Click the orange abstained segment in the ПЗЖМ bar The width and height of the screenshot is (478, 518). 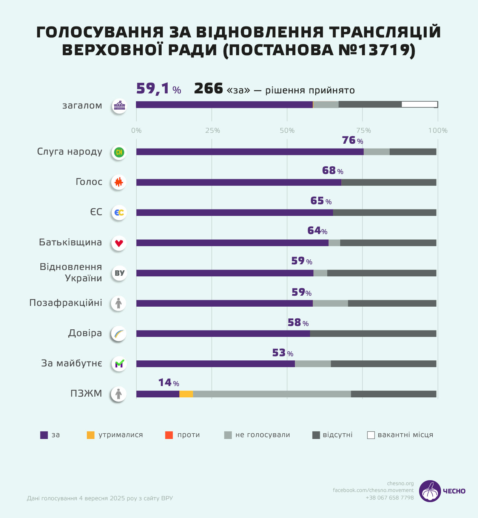point(186,394)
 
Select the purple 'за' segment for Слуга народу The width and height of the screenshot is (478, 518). point(250,152)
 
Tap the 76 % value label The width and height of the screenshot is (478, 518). point(352,141)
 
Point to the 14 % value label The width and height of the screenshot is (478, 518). point(168,383)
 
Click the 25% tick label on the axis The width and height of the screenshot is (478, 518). point(212,130)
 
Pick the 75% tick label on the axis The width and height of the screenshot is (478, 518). point(363,130)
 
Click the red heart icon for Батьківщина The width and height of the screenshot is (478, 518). point(119,243)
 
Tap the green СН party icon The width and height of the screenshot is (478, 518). point(119,152)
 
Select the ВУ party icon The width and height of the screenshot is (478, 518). point(119,273)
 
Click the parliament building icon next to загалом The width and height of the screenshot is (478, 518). point(119,106)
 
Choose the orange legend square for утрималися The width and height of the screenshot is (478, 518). point(91,435)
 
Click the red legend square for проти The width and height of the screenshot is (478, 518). point(169,435)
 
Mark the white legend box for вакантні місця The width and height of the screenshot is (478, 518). point(371,435)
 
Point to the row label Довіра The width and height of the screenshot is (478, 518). point(85,333)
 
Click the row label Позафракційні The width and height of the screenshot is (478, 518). point(66,303)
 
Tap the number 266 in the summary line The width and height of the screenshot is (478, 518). point(208,89)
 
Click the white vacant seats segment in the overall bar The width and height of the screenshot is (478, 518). point(419,104)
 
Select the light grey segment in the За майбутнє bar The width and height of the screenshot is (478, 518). point(313,364)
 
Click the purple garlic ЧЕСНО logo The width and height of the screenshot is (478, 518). point(430,491)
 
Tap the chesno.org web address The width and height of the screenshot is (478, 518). point(400,484)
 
